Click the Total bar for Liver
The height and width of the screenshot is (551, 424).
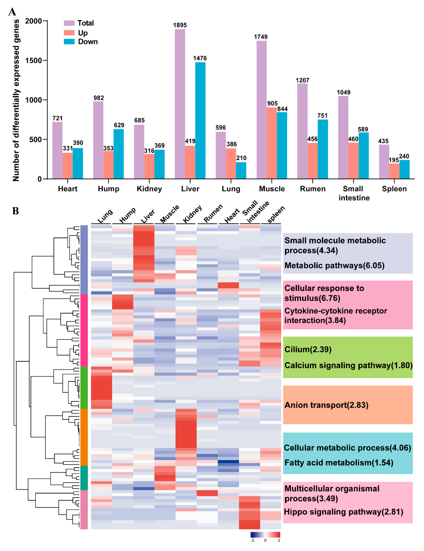180,104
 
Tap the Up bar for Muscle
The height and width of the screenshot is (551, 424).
272,143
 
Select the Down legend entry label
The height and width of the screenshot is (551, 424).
88,42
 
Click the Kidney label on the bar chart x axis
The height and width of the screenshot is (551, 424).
149,189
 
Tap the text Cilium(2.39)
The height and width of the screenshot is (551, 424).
308,349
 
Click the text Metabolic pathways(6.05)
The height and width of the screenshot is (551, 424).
334,265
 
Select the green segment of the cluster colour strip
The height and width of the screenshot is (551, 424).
84,388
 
